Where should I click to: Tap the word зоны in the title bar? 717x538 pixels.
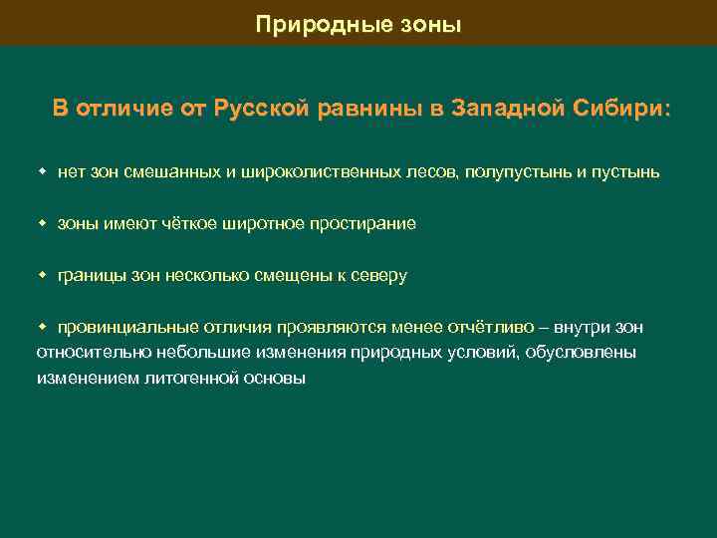[432, 24]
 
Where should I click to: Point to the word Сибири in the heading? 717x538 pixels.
[622, 109]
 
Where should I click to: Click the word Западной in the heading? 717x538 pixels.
[509, 109]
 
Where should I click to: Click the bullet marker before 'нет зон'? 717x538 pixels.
[43, 171]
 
